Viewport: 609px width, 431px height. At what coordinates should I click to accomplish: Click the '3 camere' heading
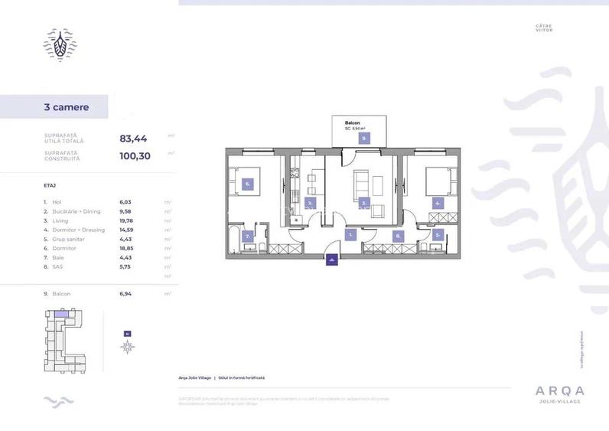pos(67,106)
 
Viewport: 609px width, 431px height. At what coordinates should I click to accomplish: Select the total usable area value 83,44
pos(133,139)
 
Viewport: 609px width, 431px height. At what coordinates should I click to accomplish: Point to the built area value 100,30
pos(135,156)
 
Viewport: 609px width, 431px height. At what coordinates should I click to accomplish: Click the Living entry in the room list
pos(62,220)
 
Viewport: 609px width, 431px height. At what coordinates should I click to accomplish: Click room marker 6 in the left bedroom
pos(248,184)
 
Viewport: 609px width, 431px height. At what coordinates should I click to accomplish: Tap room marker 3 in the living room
pos(365,203)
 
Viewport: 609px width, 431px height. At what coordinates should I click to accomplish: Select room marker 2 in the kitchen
pos(310,203)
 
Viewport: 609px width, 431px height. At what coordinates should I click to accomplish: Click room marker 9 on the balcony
pos(364,139)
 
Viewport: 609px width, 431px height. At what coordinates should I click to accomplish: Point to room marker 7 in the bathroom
pos(248,237)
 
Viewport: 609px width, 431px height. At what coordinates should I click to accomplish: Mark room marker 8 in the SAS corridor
pos(397,237)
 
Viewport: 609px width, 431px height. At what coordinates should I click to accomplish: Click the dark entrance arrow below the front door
pos(331,261)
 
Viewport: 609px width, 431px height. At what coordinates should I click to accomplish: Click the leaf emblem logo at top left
pos(59,44)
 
